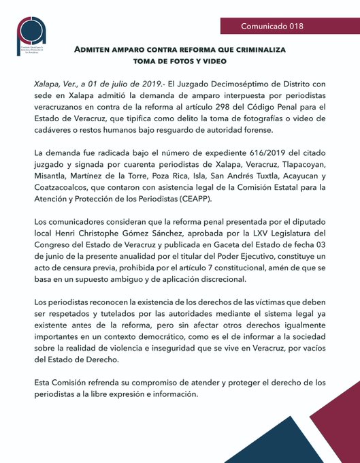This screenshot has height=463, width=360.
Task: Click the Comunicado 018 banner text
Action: click(x=272, y=27)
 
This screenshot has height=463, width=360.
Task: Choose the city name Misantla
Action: click(x=52, y=180)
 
